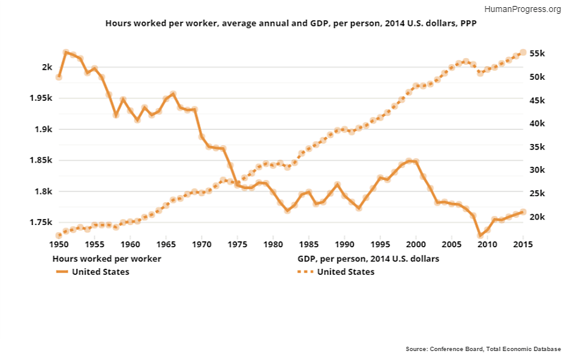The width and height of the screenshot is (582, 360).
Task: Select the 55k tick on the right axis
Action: coord(536,53)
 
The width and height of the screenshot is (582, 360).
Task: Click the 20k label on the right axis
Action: coord(536,217)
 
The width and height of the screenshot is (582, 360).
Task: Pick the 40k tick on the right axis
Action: coord(536,124)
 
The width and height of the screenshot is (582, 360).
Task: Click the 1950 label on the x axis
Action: coord(59,245)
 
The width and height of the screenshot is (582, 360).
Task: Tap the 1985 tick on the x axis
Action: coord(308,245)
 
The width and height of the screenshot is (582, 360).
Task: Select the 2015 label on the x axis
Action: coord(523,245)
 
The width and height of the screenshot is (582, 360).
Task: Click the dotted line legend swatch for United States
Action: coord(306,272)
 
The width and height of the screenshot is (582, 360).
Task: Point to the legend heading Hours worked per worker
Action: coord(107,259)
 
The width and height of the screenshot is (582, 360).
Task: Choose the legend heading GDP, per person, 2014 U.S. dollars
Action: coord(368,259)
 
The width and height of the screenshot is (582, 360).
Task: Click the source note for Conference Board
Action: coord(483,349)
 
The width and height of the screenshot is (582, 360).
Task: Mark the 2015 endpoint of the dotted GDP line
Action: coord(523,52)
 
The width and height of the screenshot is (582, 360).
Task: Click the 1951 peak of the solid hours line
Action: coord(66,53)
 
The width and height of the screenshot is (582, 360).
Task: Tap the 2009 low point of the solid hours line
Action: coord(480,235)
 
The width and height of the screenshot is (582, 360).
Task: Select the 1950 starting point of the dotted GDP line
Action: coord(59,236)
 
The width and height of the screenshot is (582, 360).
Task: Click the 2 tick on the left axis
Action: coord(47,67)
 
